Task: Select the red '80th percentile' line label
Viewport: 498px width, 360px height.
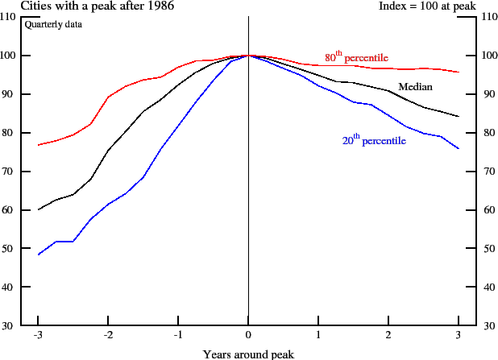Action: tap(356, 58)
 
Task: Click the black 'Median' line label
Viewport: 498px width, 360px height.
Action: tap(416, 86)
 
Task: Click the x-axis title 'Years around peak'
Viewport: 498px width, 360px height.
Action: tap(248, 354)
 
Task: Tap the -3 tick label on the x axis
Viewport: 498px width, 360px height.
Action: tap(37, 335)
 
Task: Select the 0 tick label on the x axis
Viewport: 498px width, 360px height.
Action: tap(248, 335)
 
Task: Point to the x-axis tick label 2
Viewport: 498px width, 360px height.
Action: tap(388, 335)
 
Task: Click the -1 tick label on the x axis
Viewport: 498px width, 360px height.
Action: tap(177, 335)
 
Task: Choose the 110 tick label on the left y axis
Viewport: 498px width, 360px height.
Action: tap(10, 17)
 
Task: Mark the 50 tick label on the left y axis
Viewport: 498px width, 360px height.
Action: tap(12, 248)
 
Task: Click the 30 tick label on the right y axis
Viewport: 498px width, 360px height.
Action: tap(487, 325)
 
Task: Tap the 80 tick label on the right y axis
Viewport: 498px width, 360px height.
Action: tap(487, 133)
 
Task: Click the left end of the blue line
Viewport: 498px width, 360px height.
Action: tap(38, 254)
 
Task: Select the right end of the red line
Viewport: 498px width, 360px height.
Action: tap(459, 72)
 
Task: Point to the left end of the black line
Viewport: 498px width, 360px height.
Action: tap(38, 209)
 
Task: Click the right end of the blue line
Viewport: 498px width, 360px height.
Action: tap(459, 149)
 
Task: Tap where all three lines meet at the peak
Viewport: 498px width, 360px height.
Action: tap(248, 56)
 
